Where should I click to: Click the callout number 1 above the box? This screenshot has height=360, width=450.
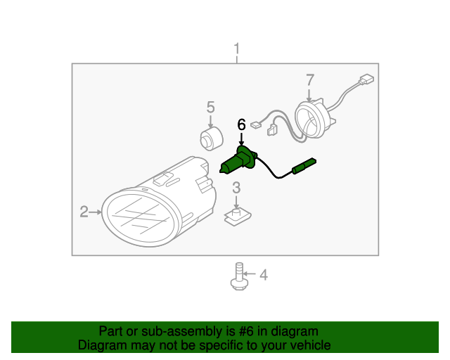[x=236, y=49]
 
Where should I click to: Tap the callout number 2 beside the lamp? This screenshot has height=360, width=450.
[x=84, y=212]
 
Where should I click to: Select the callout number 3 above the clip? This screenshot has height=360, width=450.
[x=236, y=188]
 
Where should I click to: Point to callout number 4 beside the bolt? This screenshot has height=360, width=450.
[x=264, y=275]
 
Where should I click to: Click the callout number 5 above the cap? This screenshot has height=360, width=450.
[x=211, y=108]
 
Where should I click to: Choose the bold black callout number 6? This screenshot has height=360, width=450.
[x=241, y=124]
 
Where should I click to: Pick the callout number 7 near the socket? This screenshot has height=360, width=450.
[x=310, y=80]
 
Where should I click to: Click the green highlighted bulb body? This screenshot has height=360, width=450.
[x=238, y=162]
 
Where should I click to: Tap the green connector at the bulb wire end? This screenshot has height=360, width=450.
[x=304, y=166]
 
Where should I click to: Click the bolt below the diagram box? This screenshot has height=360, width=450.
[x=239, y=276]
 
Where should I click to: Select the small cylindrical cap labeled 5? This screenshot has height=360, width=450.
[x=212, y=139]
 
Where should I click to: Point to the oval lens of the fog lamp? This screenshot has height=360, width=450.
[x=141, y=217]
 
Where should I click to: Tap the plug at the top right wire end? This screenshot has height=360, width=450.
[x=366, y=79]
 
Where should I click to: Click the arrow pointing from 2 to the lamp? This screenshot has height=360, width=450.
[x=95, y=212]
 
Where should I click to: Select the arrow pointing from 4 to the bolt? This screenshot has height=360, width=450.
[x=249, y=274]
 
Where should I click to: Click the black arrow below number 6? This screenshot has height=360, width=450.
[x=241, y=139]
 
